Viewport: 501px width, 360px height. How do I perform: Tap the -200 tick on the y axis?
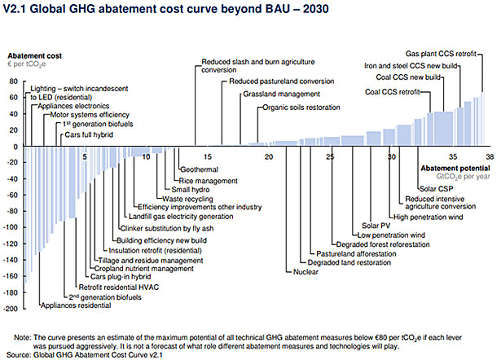point(11,309)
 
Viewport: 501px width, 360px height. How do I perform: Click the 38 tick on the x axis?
point(489,156)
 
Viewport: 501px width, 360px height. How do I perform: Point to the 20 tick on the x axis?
point(269,156)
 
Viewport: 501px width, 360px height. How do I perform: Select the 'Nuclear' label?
point(305,272)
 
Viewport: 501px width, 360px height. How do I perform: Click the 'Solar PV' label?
point(376,225)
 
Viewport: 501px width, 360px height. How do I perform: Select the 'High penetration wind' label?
point(428,217)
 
